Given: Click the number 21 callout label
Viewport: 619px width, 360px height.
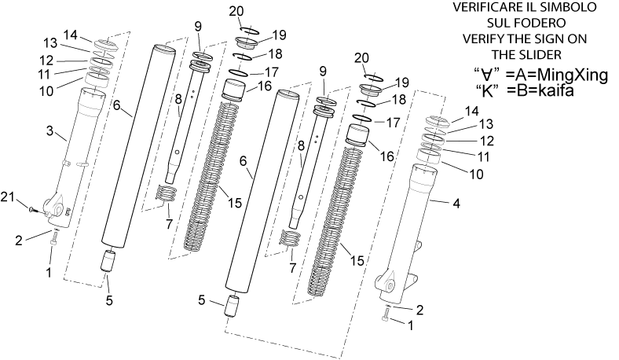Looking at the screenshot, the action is pos(9,197).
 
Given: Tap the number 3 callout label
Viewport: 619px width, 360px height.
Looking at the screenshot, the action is pos(49,130).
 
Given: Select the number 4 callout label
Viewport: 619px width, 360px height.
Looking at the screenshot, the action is pos(456,204).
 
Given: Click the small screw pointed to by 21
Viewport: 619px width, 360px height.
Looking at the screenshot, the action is pos(33,209).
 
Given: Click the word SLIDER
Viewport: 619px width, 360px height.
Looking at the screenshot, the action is pos(543,54).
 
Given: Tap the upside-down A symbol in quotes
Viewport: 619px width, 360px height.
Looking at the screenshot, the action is pos(487,75).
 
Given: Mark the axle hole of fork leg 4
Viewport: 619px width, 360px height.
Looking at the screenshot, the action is pos(390,285).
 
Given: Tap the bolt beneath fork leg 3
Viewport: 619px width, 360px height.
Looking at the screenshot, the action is pos(54,238).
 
